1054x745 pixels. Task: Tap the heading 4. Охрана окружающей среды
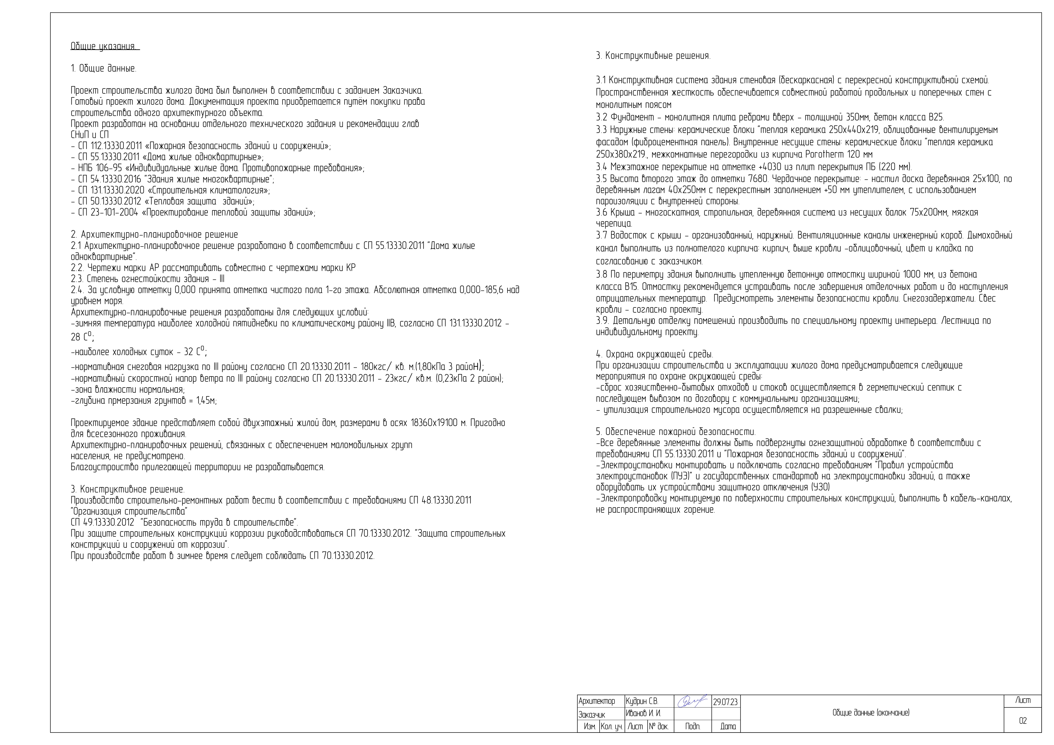pyautogui.click(x=654, y=355)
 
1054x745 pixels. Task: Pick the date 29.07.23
pyautogui.click(x=725, y=702)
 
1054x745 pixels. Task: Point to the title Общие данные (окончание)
pyautogui.click(x=871, y=713)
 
